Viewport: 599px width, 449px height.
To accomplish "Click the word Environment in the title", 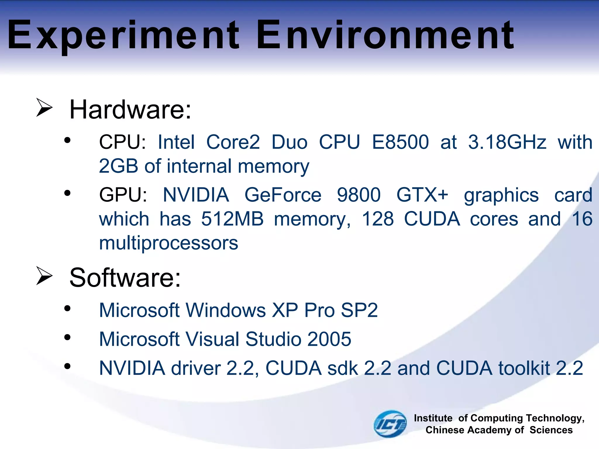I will [x=385, y=35].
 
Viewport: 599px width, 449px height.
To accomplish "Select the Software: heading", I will [x=125, y=278].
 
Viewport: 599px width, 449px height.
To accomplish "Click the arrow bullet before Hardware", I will [x=44, y=108].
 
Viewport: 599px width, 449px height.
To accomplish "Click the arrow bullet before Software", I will [x=44, y=276].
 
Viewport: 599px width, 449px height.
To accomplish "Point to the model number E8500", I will [x=400, y=142].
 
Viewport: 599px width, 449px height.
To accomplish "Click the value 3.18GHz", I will [x=507, y=142].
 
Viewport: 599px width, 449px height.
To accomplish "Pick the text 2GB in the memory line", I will [x=118, y=166].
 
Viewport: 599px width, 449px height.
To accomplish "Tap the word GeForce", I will [x=283, y=195].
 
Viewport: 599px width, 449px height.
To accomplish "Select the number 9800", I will [x=359, y=195].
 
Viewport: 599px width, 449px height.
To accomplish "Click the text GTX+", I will [x=422, y=195].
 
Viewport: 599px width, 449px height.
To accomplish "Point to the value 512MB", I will [x=232, y=219].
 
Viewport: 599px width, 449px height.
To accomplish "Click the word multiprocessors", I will [x=169, y=243].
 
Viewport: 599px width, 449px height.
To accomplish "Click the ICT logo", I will [x=390, y=424].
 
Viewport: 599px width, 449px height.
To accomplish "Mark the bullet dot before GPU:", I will [x=68, y=193].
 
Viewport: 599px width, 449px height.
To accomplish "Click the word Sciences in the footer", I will [x=551, y=430].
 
